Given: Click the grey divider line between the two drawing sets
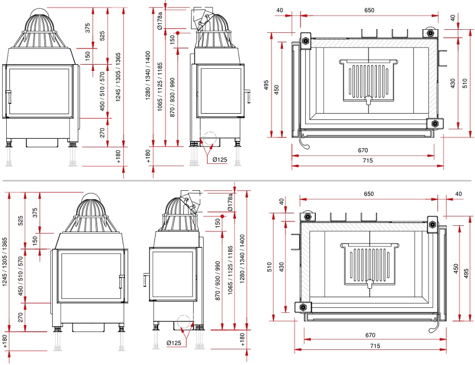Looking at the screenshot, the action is [237, 181].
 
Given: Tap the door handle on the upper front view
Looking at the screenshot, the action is [9, 97].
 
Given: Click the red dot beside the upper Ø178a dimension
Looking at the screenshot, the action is [178, 33].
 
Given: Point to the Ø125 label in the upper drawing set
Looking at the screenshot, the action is [220, 160].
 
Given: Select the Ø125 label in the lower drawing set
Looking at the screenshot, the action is [174, 343].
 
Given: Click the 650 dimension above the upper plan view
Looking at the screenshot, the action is [369, 10].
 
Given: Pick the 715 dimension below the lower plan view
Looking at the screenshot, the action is [375, 346].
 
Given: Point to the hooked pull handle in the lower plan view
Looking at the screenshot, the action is [435, 324].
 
